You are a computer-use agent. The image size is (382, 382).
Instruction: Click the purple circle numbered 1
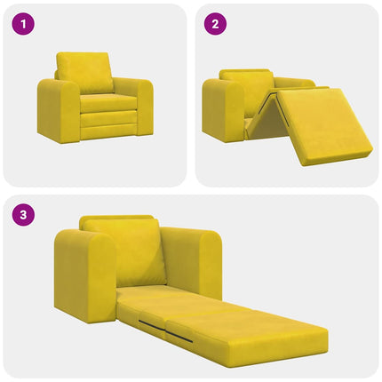[21, 24]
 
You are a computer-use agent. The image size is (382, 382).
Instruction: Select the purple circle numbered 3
[21, 215]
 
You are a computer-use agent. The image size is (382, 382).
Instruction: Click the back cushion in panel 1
[85, 71]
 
